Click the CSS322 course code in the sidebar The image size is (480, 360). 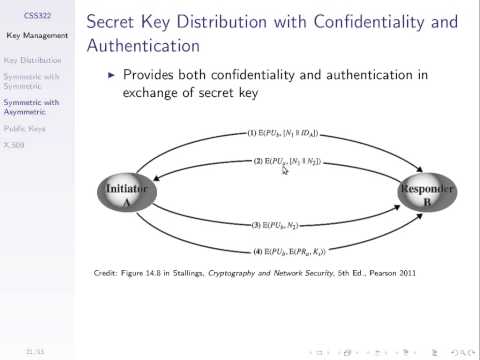tap(38, 17)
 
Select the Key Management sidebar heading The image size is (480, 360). tap(38, 36)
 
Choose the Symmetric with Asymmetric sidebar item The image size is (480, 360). tap(31, 107)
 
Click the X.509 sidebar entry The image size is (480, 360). tap(15, 145)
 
